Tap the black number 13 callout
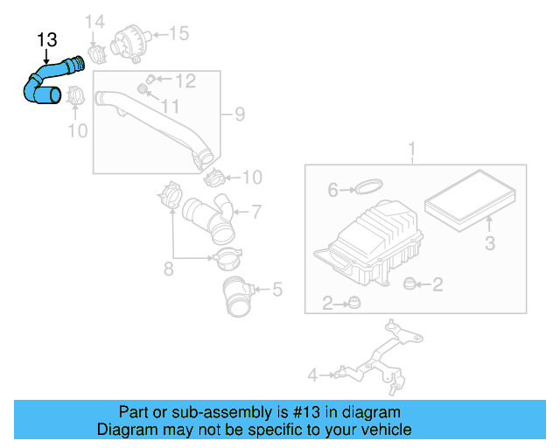[47, 39]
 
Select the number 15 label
[178, 34]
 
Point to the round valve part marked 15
[131, 40]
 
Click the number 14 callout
[94, 21]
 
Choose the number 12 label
[185, 81]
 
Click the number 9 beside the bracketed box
[238, 113]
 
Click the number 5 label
[276, 287]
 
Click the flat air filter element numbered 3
[472, 199]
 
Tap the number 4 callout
[311, 375]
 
